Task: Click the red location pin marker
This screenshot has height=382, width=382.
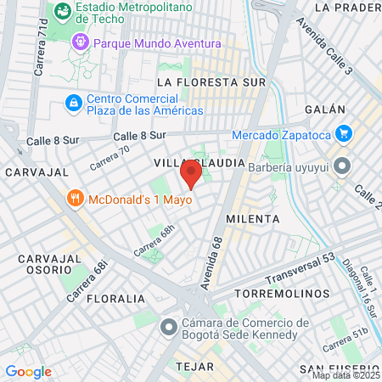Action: [191, 177]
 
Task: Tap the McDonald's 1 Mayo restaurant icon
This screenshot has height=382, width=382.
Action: [76, 199]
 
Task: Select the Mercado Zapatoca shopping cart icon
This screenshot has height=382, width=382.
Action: [343, 133]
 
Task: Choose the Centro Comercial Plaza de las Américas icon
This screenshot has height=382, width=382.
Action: [74, 104]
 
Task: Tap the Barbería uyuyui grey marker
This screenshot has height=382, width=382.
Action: [342, 165]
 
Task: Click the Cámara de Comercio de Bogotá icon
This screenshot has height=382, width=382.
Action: [170, 326]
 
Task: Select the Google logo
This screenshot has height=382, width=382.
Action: [28, 371]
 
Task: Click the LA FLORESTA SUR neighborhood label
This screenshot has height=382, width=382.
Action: [211, 82]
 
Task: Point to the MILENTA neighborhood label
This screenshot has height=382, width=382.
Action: [253, 218]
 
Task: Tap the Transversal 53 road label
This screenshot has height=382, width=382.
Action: [295, 267]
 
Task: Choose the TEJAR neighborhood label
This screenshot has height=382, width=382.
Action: [193, 365]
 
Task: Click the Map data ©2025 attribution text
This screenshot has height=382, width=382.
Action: [345, 375]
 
